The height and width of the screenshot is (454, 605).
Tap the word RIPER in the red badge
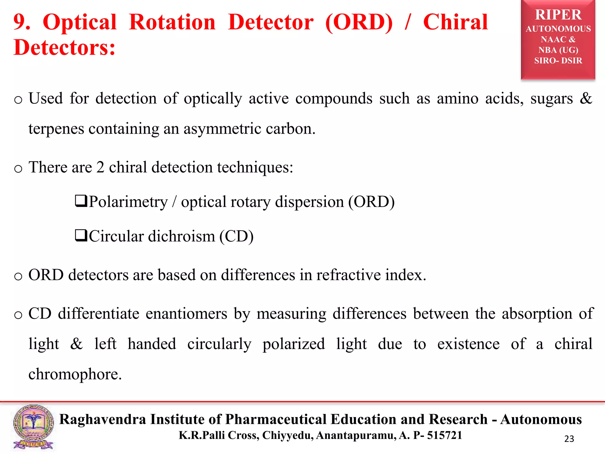click(558, 15)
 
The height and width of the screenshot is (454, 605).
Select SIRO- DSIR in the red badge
click(558, 61)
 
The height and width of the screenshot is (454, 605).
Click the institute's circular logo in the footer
click(33, 427)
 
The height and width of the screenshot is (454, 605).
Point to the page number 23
click(569, 439)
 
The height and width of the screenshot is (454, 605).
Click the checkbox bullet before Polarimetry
click(81, 201)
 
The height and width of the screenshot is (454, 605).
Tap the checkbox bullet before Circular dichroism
click(81, 236)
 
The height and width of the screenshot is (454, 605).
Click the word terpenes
click(56, 129)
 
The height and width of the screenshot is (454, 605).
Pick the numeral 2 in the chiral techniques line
click(100, 167)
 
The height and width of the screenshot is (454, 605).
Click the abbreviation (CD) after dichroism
click(236, 236)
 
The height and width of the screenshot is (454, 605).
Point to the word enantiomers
click(186, 314)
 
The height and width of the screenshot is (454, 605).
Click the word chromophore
click(75, 374)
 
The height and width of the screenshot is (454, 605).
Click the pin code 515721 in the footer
click(445, 435)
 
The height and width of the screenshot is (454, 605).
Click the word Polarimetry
click(128, 202)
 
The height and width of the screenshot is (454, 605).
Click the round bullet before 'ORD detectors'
click(18, 276)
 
